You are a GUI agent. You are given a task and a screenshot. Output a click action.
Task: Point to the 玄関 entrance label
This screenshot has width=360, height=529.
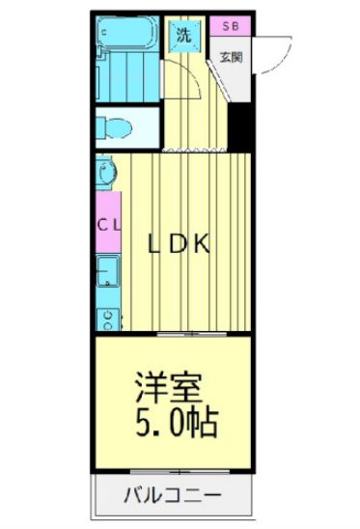pos(232,55)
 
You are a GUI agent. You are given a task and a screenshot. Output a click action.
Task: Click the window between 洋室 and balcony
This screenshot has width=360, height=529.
pos(174,473)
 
